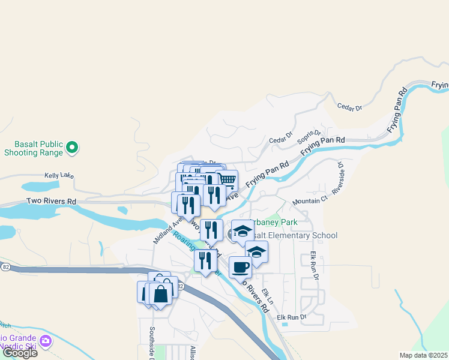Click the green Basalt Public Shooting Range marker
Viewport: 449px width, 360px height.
pyautogui.click(x=72, y=146)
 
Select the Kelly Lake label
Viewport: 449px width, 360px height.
pyautogui.click(x=59, y=176)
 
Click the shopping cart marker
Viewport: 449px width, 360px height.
pyautogui.click(x=226, y=180)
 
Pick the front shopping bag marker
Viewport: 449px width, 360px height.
pyautogui.click(x=161, y=295)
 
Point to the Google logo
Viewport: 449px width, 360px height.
pyautogui.click(x=20, y=353)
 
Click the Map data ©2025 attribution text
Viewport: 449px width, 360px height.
pyautogui.click(x=424, y=355)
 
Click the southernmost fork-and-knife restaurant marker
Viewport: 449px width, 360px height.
pyautogui.click(x=205, y=260)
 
